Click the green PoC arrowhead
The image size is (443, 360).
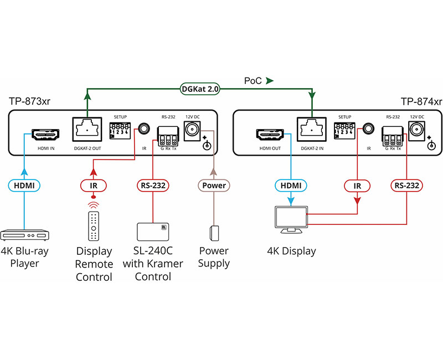pos(270,81)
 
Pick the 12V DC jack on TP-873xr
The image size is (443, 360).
pos(192,130)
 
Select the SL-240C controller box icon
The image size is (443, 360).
pos(152,232)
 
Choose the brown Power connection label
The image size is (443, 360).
pos(213,186)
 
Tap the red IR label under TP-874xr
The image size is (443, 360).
pos(357,186)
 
